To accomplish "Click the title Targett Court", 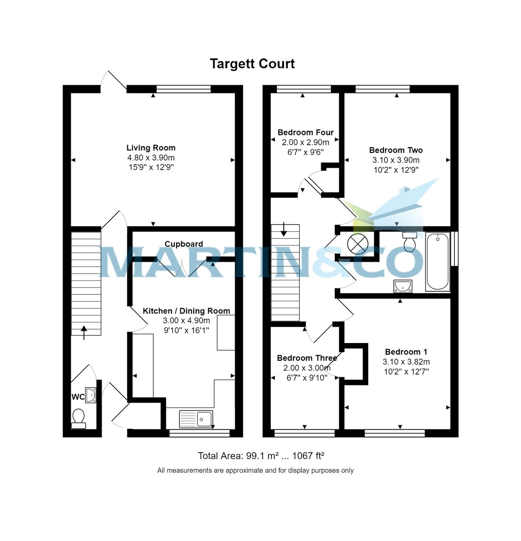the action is [252, 64].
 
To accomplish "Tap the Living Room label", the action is [151, 147].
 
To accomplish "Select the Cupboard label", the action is [184, 244].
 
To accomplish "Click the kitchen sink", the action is [196, 419].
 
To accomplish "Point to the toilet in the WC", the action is [78, 418].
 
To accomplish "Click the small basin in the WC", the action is [91, 395].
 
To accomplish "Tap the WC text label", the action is [78, 397].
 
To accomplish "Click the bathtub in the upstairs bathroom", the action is [437, 261].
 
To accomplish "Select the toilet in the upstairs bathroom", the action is [410, 242].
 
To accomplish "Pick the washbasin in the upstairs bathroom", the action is [402, 286].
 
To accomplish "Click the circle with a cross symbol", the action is [357, 244].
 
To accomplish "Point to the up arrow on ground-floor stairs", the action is [84, 333].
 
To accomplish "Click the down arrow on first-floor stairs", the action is [283, 229].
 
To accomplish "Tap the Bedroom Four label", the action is [306, 133].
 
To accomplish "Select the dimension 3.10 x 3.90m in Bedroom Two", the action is [396, 160].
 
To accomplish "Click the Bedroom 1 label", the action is [406, 352].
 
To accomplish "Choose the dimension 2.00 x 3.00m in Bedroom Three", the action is [307, 368].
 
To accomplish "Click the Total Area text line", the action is [261, 456].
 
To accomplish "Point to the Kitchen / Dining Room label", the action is [187, 311].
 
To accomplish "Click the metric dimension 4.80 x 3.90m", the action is [151, 158].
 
